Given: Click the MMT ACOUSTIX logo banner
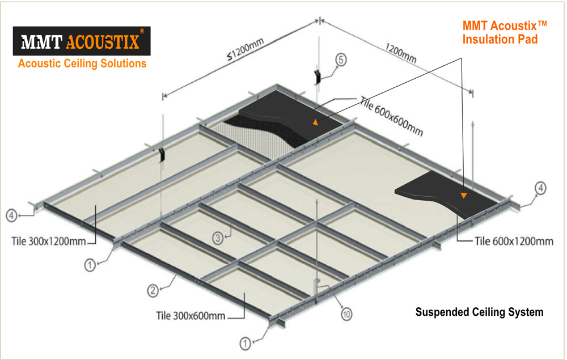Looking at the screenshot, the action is click(x=82, y=41).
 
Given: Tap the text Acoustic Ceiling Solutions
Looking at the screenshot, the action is click(x=82, y=63).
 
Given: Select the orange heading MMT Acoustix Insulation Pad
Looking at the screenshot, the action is click(x=505, y=32).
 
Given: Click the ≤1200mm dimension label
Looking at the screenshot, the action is click(x=246, y=48).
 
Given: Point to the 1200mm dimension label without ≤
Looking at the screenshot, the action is click(x=400, y=53).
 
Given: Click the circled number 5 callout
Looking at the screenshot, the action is click(x=341, y=60).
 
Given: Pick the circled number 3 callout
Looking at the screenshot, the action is click(x=218, y=238).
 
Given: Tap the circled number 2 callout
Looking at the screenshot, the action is click(x=153, y=290).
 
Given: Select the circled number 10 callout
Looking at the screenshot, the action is click(x=346, y=315).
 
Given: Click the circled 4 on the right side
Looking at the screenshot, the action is click(x=540, y=188).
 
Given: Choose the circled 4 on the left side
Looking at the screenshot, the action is click(x=11, y=216).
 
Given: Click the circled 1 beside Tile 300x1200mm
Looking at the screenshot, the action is click(x=90, y=265).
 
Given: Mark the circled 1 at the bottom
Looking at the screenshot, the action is click(x=245, y=343).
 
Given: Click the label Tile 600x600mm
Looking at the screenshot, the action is click(x=392, y=116).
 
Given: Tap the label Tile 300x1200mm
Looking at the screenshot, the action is click(x=48, y=241).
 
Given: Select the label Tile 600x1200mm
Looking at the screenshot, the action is click(x=514, y=241).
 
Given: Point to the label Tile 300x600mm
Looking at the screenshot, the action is click(x=191, y=316).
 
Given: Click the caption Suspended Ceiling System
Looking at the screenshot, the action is click(x=479, y=312).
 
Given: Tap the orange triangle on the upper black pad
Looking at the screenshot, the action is click(x=315, y=122).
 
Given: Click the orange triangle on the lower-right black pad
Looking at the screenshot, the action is click(x=464, y=196).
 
